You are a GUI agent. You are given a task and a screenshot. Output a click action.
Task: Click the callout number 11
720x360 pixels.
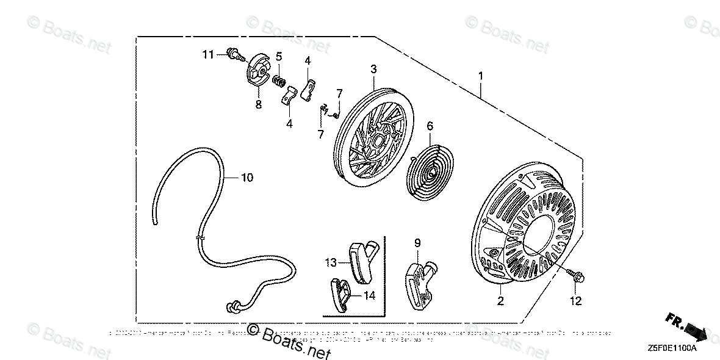tap(208, 55)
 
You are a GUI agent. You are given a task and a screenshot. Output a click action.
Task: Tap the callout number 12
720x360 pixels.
tap(576, 300)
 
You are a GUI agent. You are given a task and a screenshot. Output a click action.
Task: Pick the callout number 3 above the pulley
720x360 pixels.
tap(373, 69)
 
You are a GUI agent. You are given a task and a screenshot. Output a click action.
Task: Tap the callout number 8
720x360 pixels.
tap(258, 104)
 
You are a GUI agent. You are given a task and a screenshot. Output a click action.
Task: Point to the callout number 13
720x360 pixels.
tap(331, 262)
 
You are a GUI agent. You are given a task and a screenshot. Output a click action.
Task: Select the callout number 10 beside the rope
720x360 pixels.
tap(247, 178)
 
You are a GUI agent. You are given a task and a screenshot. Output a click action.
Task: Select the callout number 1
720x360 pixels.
tap(481, 76)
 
